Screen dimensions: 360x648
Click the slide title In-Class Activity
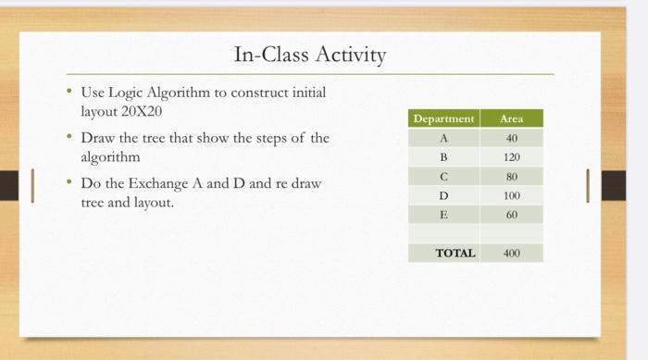(x=309, y=55)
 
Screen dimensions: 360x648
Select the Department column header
(x=443, y=118)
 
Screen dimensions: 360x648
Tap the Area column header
(x=511, y=118)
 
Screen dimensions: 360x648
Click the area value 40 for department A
(x=511, y=138)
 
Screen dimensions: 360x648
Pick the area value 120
(x=511, y=157)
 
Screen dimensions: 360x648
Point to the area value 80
(x=511, y=176)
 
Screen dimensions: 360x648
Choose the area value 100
(x=511, y=195)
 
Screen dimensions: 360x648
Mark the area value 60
(x=511, y=214)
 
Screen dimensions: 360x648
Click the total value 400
(x=511, y=253)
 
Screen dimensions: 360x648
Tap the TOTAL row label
(x=455, y=253)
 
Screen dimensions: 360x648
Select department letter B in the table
(x=443, y=157)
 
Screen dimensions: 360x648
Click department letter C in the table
(x=443, y=176)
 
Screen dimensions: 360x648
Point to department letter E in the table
(x=443, y=214)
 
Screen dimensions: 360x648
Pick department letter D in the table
(x=443, y=195)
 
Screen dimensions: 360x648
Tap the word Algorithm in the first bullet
(x=180, y=93)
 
